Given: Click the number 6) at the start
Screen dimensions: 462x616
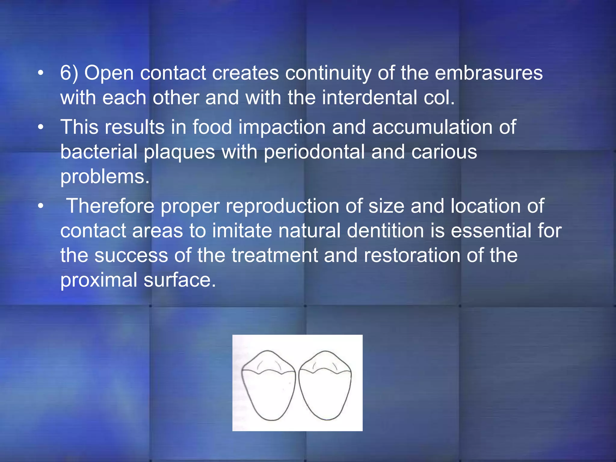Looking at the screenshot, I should pos(69,73).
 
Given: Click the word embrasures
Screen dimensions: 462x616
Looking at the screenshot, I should pos(488,73).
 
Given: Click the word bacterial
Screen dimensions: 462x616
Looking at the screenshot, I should pos(99,152).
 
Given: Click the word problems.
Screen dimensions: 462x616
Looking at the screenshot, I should pos(105,177).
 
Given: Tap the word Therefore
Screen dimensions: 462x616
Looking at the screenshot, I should pos(110,206).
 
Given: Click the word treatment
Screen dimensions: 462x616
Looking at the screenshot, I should pos(275,255).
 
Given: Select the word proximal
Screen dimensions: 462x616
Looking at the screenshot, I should pos(99,280).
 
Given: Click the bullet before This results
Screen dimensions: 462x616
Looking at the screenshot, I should pos(41,127).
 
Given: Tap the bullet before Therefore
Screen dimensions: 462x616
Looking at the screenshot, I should pos(41,206).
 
